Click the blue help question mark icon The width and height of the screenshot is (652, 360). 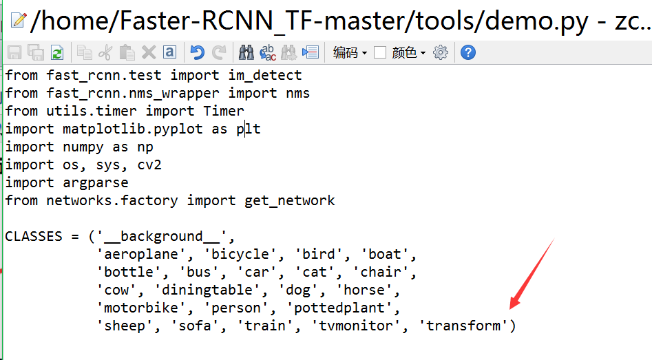pos(467,53)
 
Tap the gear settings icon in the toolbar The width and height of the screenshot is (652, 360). pos(441,53)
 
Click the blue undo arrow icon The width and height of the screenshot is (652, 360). pos(197,53)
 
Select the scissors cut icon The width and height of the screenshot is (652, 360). pos(105,53)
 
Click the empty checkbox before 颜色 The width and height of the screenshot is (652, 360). pos(379,53)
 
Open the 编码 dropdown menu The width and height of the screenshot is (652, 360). pos(350,53)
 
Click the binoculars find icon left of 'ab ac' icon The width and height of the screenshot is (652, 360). pos(246,53)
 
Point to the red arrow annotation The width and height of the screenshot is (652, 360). pos(532,274)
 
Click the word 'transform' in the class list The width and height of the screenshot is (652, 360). pos(463,326)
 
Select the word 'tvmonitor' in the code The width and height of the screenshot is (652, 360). pos(356,326)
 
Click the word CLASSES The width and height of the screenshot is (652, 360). pos(34,237)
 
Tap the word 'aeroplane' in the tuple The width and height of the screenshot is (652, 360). pos(141,254)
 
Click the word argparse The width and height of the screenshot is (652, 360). pos(96,183)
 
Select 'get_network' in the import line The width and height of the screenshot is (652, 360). pos(289,201)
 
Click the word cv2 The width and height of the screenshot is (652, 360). pos(149,165)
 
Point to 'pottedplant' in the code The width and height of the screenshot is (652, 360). pos(339,308)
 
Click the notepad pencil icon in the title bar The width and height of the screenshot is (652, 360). pos(19,20)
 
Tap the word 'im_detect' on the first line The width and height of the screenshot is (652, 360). pos(265,75)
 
